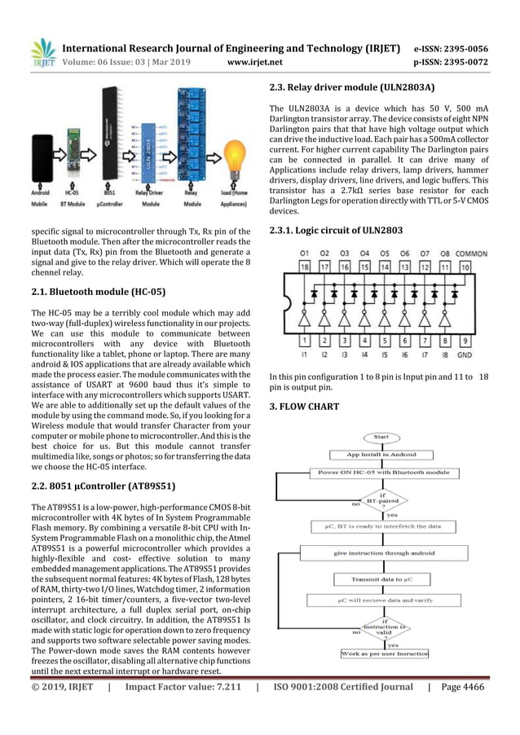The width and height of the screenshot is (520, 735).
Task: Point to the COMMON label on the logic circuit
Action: [472, 253]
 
